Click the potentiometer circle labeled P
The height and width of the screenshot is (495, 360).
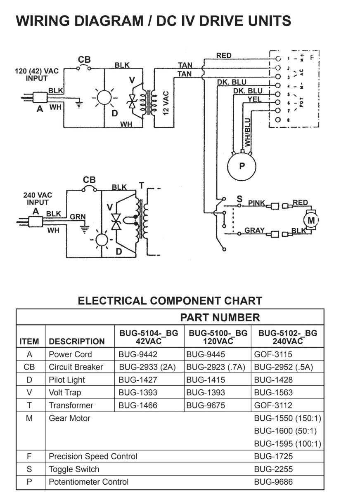tap(242, 167)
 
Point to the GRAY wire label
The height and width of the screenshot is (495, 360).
tap(254, 230)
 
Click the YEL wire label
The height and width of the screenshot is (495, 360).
tap(254, 99)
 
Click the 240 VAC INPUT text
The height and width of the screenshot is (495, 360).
tap(38, 199)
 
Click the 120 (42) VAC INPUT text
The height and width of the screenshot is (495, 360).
tap(37, 74)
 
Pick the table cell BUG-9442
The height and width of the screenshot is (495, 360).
tap(138, 354)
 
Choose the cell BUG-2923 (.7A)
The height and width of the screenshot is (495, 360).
tap(216, 367)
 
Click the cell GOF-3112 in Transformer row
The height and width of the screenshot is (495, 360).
tap(273, 405)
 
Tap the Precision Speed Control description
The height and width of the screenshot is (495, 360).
tap(93, 456)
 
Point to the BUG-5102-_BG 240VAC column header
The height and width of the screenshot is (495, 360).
tap(288, 337)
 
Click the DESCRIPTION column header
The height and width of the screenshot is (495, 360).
tap(77, 342)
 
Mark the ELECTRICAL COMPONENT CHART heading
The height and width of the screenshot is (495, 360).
tap(170, 301)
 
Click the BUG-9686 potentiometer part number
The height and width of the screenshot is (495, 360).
tap(273, 482)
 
